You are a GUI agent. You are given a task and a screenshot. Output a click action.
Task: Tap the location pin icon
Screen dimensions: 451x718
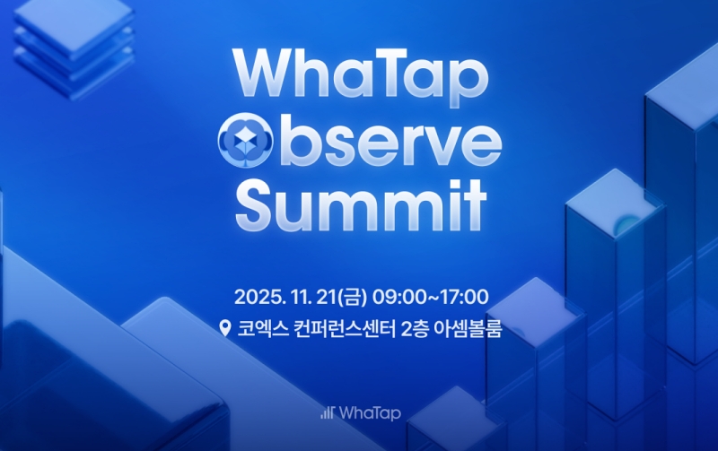(x=225, y=328)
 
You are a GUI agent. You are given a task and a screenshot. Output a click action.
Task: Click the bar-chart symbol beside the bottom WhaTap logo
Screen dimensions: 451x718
(x=328, y=413)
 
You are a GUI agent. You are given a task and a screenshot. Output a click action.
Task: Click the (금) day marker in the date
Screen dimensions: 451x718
(x=371, y=296)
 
